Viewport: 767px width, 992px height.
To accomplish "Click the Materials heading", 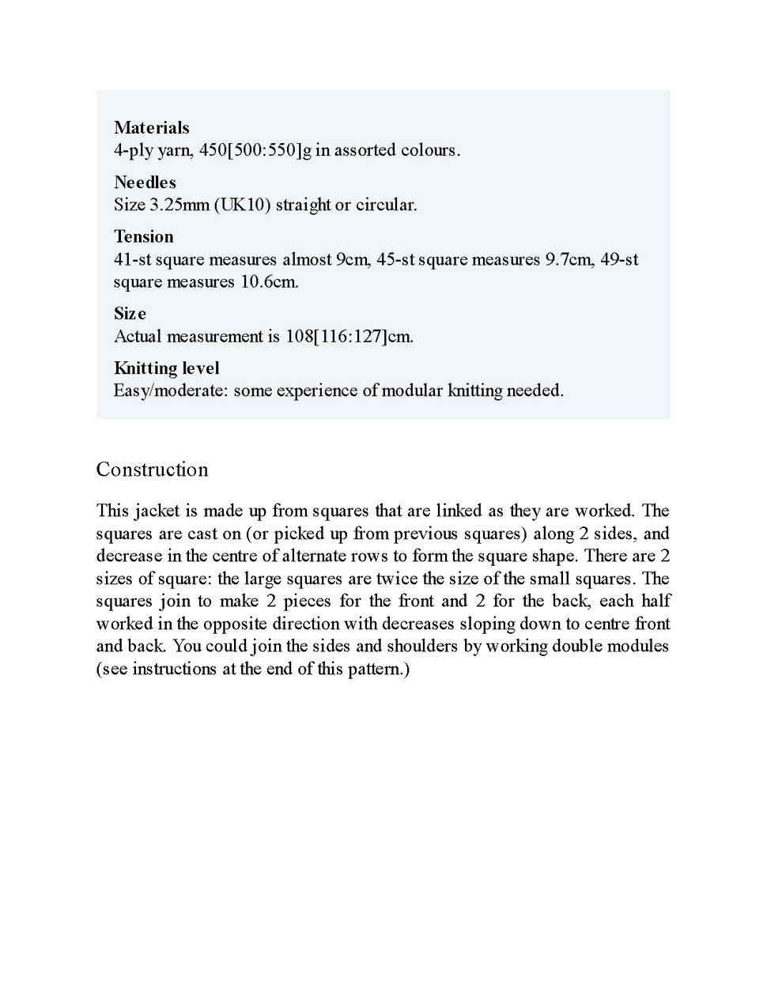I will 152,127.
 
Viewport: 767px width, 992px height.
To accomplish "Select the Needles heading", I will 145,182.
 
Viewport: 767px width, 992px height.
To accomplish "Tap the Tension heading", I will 143,236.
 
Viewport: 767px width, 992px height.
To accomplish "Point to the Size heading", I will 130,313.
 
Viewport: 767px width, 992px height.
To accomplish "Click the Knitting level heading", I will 166,368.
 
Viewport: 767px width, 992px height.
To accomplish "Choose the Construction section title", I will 152,470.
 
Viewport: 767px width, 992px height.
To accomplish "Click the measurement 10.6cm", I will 270,281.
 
